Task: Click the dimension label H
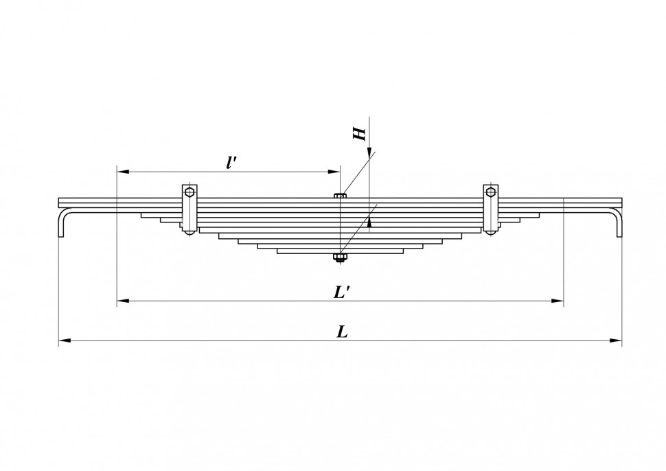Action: pos(359,133)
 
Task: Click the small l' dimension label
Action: pos(231,163)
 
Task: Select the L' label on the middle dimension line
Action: pos(341,292)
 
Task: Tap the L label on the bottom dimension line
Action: pos(343,332)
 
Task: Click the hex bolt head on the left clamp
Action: pos(190,192)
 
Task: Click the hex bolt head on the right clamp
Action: pos(491,192)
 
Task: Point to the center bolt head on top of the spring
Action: pos(339,196)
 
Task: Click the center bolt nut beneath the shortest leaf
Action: pos(339,257)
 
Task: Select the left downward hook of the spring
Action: pos(62,221)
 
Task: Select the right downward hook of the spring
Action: pos(617,221)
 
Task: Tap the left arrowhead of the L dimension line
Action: pos(65,340)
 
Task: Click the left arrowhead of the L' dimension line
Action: pos(123,301)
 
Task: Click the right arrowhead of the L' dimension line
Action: pos(558,301)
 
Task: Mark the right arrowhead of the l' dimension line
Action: pos(334,172)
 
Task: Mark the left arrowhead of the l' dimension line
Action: pos(123,172)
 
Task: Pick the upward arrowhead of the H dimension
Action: pos(370,222)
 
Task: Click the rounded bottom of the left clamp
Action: pos(190,231)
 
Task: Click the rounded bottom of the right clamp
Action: pos(491,231)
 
